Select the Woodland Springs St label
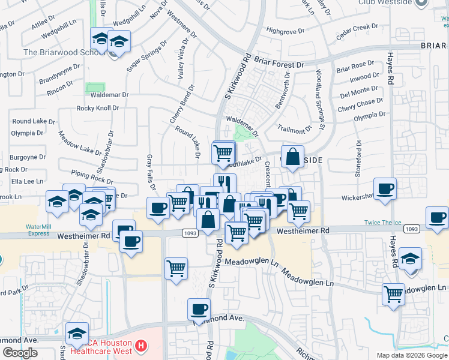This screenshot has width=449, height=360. point(318,100)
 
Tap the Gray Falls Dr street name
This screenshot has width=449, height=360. point(150,174)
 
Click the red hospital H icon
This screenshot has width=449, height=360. point(140,346)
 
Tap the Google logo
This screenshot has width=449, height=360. point(20,353)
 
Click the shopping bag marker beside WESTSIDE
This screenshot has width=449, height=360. point(292,157)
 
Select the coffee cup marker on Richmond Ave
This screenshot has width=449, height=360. point(199,310)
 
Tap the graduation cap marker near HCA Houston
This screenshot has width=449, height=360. point(77,334)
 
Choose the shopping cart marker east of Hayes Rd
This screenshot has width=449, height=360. point(394,295)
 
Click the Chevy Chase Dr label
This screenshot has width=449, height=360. point(360,103)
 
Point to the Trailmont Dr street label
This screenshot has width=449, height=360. point(296,128)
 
